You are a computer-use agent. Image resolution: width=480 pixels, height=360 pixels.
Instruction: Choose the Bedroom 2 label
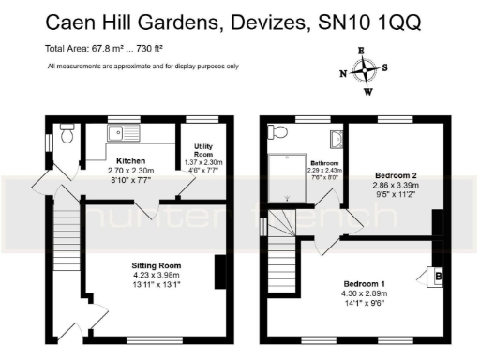(395, 175)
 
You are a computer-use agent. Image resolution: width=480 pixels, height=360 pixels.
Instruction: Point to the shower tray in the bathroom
(287, 178)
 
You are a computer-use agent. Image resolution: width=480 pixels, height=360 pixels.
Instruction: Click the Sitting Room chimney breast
(220, 272)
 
